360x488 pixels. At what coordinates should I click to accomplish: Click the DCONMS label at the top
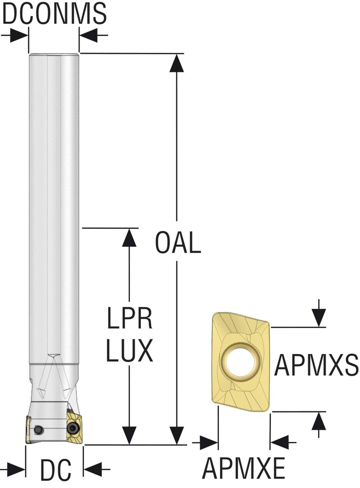(54, 13)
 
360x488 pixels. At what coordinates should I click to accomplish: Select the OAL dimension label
(178, 244)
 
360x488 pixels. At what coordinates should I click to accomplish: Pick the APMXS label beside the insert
(316, 366)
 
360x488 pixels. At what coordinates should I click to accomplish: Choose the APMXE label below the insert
(244, 469)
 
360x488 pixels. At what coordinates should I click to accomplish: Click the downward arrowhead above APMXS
(319, 317)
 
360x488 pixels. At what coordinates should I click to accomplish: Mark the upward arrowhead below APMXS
(319, 421)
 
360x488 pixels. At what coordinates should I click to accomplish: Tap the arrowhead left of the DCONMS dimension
(19, 35)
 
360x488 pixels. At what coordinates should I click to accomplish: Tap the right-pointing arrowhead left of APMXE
(209, 443)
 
